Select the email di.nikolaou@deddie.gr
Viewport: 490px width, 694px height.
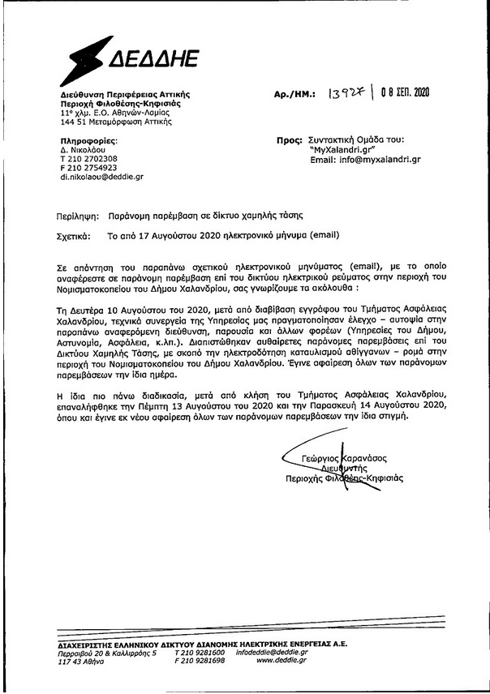point(101,176)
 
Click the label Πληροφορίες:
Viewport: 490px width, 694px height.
point(86,142)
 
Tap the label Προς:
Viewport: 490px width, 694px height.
point(289,140)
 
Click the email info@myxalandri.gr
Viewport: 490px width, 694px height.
point(365,160)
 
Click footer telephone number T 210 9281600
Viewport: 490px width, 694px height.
point(200,651)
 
